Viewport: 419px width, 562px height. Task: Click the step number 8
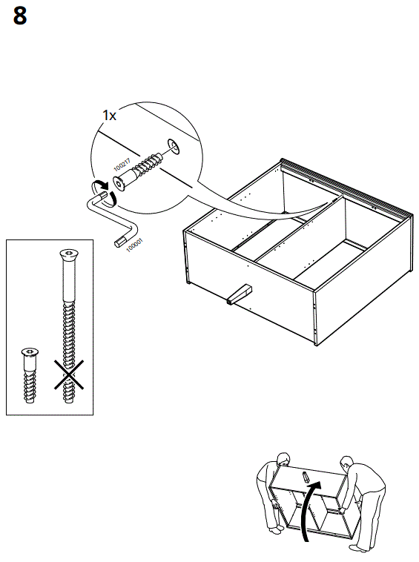pyautogui.click(x=20, y=16)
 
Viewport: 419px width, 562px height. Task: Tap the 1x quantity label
pyautogui.click(x=109, y=116)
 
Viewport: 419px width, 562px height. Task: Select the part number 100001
pyautogui.click(x=134, y=246)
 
